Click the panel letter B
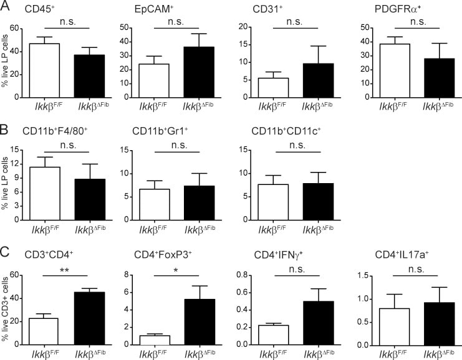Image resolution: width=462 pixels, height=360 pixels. coord(6,131)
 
